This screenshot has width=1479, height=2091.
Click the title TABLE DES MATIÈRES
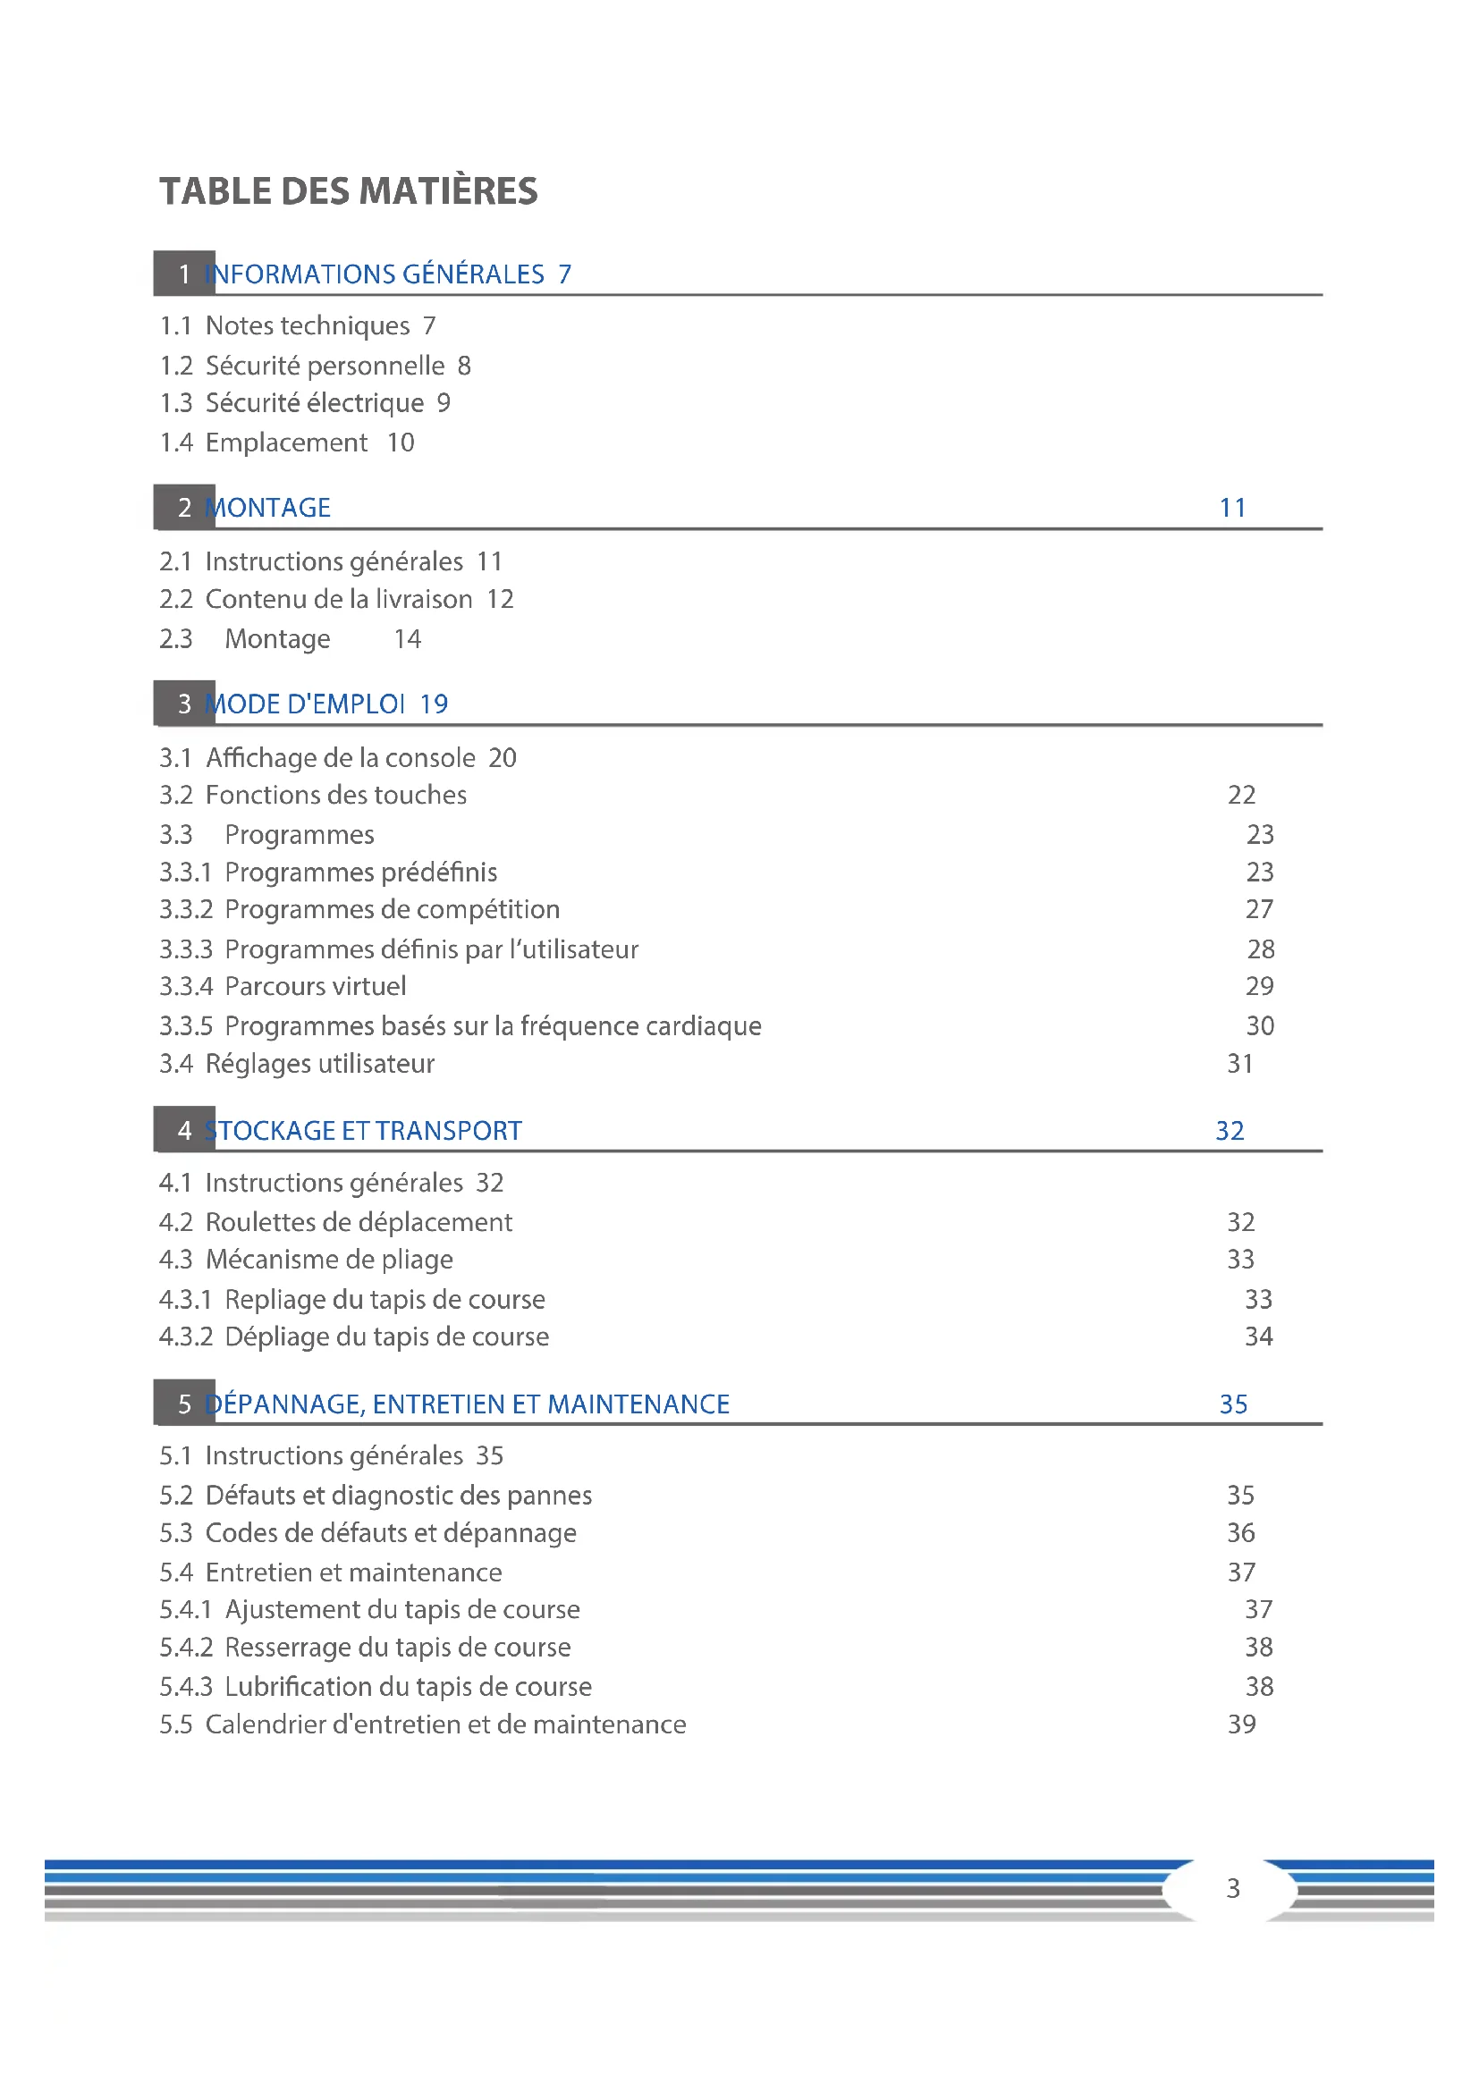pyautogui.click(x=348, y=191)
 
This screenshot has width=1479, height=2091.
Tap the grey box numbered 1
pyautogui.click(x=184, y=274)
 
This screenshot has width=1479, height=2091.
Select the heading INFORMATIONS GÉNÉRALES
pyautogui.click(x=376, y=274)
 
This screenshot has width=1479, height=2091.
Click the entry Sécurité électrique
pyautogui.click(x=314, y=402)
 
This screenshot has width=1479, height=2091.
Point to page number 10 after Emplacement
pyautogui.click(x=401, y=443)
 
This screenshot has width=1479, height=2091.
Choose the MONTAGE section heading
pyautogui.click(x=268, y=507)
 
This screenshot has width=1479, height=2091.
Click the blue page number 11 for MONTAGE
pyautogui.click(x=1232, y=507)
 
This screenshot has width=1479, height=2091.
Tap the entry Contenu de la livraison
pyautogui.click(x=339, y=599)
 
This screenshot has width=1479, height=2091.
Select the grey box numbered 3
pyautogui.click(x=184, y=703)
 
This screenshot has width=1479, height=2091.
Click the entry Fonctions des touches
pyautogui.click(x=336, y=795)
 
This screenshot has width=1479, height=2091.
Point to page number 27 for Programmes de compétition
pyautogui.click(x=1260, y=909)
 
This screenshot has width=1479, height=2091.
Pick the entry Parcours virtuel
pyautogui.click(x=315, y=986)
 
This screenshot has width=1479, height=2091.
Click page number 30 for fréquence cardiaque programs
pyautogui.click(x=1260, y=1026)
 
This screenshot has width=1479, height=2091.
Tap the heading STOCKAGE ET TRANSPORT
pyautogui.click(x=363, y=1130)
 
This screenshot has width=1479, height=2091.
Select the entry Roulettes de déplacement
pyautogui.click(x=359, y=1222)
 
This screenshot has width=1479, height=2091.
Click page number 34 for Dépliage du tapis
pyautogui.click(x=1259, y=1336)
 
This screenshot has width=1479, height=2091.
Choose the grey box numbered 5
pyautogui.click(x=184, y=1404)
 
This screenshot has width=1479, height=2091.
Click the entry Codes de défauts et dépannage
pyautogui.click(x=391, y=1533)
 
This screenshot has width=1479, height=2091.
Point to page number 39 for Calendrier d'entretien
pyautogui.click(x=1241, y=1724)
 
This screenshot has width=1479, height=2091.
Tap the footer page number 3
pyautogui.click(x=1233, y=1888)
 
